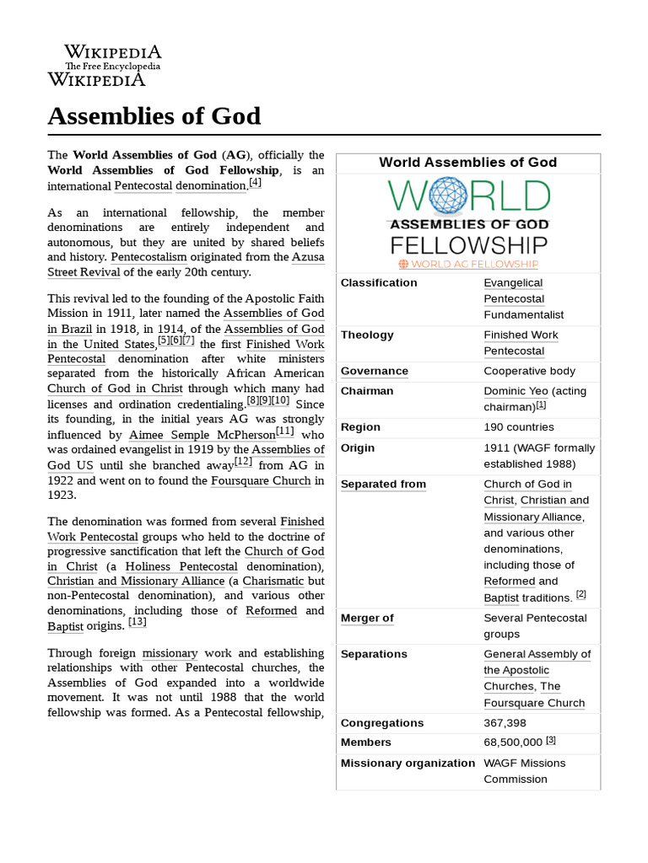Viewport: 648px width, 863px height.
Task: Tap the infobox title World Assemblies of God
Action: tap(467, 163)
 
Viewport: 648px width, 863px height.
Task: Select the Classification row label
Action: tap(379, 283)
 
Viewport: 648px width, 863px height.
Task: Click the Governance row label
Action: tap(374, 372)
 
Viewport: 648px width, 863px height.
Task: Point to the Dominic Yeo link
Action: tap(515, 391)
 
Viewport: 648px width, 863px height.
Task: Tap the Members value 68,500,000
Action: tap(513, 742)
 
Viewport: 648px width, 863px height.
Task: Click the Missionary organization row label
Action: tap(408, 764)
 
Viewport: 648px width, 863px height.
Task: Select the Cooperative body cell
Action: tap(529, 372)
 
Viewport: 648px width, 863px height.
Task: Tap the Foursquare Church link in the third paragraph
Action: tap(262, 481)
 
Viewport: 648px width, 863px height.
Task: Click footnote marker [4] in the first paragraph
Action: tap(255, 183)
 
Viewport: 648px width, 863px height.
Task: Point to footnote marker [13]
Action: tap(138, 623)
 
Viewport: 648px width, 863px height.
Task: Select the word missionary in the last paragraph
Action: tap(170, 653)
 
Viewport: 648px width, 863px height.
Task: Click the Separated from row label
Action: tap(383, 485)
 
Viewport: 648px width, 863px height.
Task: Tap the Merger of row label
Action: tap(367, 619)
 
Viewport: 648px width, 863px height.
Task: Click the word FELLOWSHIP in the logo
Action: tap(468, 245)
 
